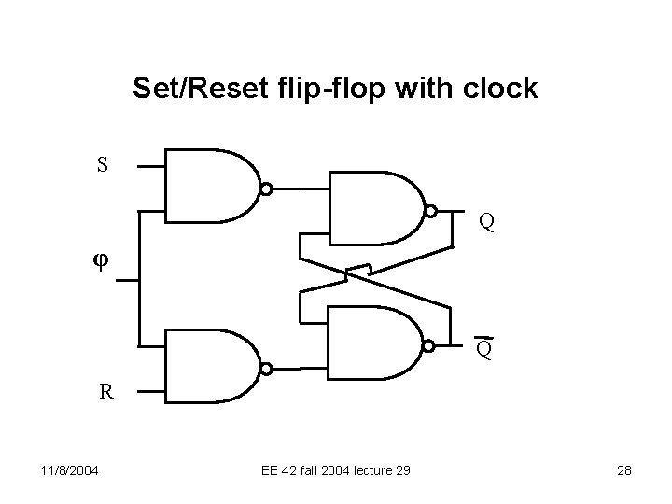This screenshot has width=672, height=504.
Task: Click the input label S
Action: pyautogui.click(x=103, y=166)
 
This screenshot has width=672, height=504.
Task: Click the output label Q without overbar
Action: pyautogui.click(x=486, y=222)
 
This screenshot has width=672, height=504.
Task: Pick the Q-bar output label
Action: pyautogui.click(x=484, y=349)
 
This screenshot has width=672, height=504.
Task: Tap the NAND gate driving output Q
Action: pyautogui.click(x=374, y=207)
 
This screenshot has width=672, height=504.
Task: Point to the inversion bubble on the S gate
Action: pyautogui.click(x=266, y=189)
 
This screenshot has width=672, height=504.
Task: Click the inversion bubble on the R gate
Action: pyautogui.click(x=266, y=369)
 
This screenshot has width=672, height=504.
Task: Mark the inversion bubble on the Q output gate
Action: pyautogui.click(x=430, y=210)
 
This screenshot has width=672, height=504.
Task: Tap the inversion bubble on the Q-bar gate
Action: pyautogui.click(x=429, y=346)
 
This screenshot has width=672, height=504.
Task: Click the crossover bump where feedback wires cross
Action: pyautogui.click(x=358, y=271)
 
